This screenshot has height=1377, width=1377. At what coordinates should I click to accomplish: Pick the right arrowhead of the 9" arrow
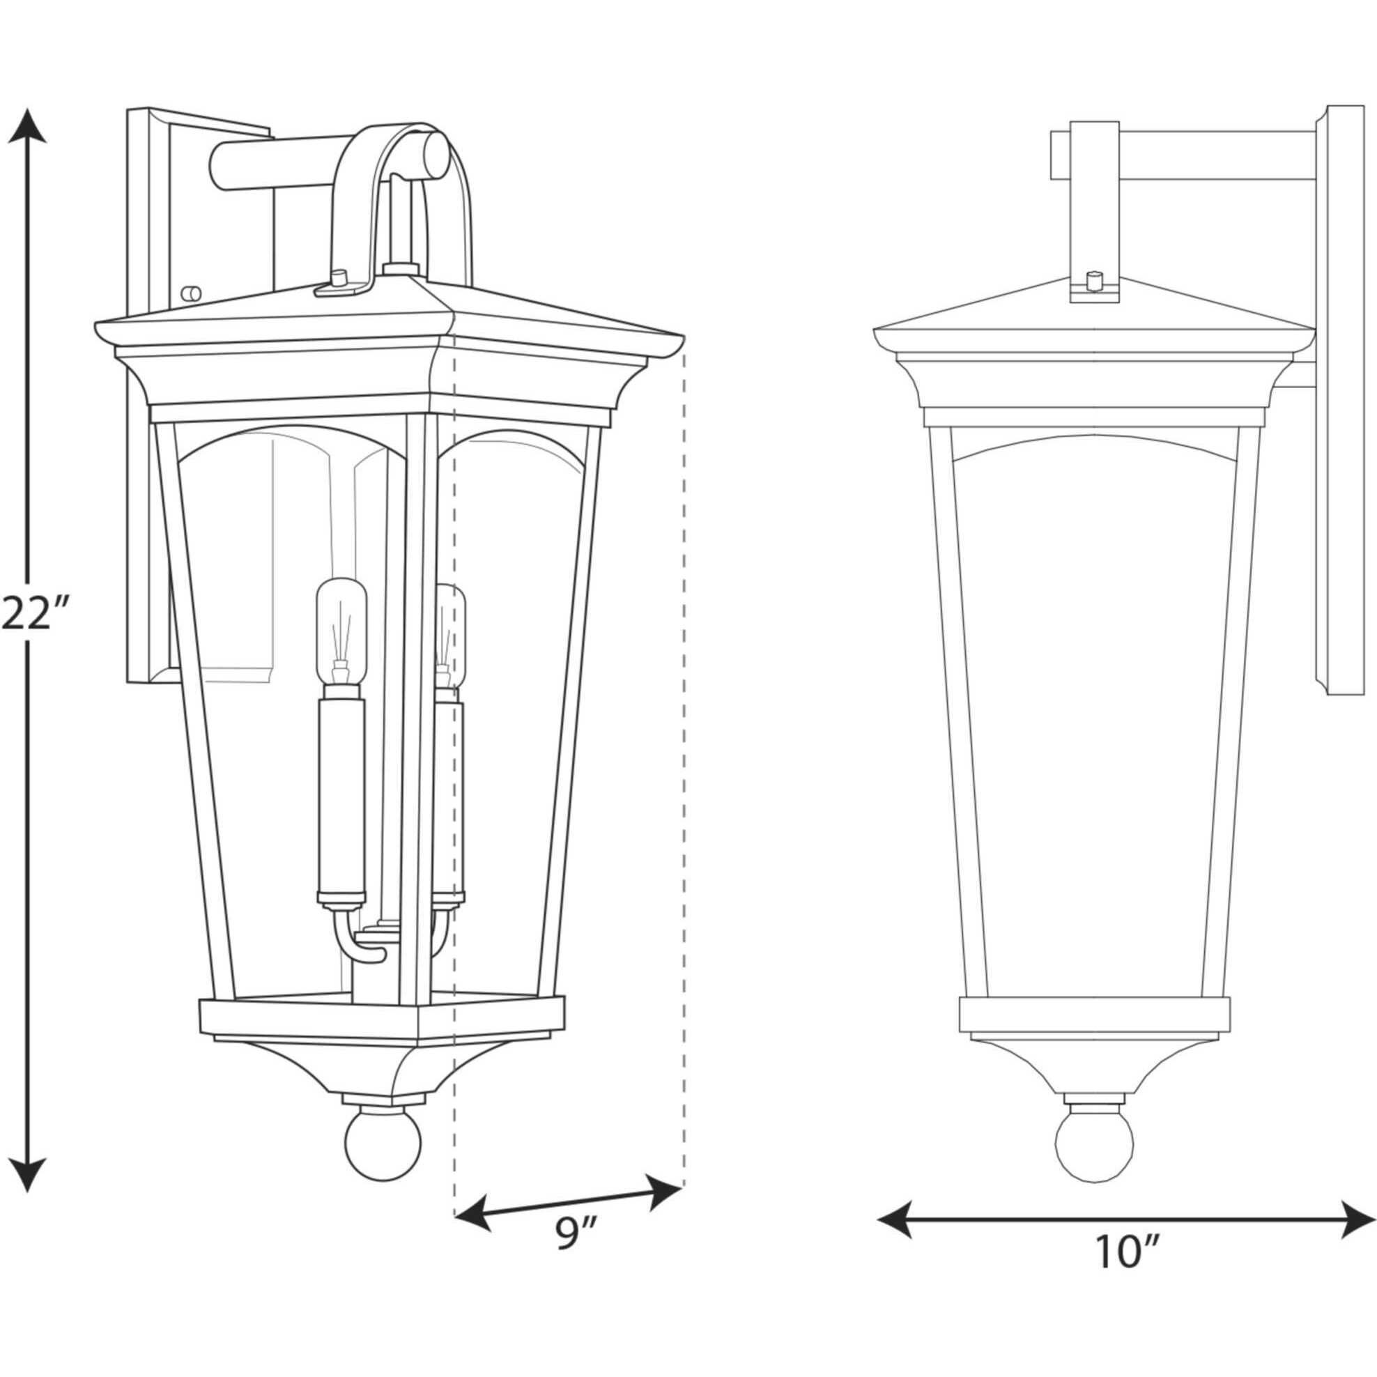point(664,1187)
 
